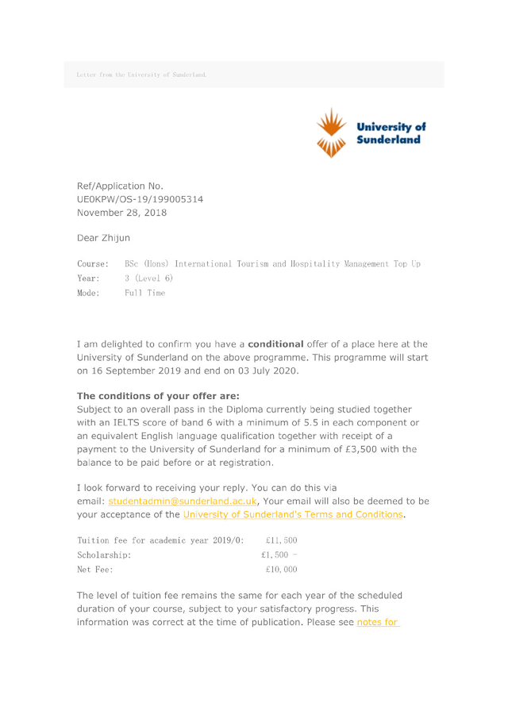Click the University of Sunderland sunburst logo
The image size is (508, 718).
333,132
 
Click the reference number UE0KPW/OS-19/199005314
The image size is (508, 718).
140,199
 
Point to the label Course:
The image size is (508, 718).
92,263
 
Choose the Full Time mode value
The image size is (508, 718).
145,294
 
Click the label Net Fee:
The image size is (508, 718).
94,570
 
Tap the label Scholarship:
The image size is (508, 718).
104,555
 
